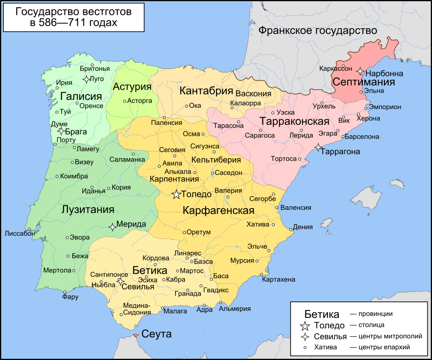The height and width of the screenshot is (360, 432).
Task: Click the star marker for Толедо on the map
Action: pos(176,194)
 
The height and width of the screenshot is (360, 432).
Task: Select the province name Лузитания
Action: pos(88,210)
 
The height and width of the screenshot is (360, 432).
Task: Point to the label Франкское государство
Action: pos(317,31)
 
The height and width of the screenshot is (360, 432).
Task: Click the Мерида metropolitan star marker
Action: pos(113,227)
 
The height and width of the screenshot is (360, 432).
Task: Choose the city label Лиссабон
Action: pos(20,233)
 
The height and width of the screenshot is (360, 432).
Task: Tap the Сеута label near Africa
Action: pos(157,334)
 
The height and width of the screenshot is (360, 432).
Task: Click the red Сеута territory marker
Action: pos(135,336)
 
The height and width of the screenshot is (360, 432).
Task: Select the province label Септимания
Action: pos(364,82)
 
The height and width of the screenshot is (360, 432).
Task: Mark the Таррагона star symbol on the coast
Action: pos(319,147)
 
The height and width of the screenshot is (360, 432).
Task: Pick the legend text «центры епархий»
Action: pos(380,347)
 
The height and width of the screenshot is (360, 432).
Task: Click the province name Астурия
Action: pos(132,87)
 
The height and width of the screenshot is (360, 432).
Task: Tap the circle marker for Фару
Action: pos(65,292)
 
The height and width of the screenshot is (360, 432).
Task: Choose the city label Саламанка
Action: pos(127,160)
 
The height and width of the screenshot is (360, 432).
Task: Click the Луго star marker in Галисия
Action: pos(86,79)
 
